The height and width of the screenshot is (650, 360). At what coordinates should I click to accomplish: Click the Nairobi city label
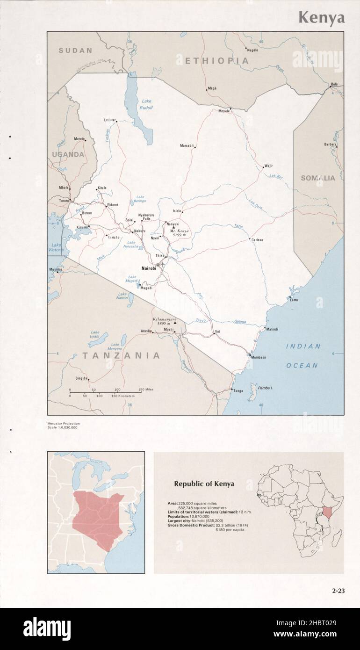click(x=149, y=268)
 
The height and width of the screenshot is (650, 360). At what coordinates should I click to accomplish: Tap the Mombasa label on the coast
click(x=258, y=357)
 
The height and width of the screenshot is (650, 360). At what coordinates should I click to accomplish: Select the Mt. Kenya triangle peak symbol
click(x=173, y=227)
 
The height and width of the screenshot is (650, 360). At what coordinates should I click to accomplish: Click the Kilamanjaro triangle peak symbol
click(x=175, y=323)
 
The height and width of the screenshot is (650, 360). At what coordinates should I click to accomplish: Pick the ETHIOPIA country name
click(x=217, y=61)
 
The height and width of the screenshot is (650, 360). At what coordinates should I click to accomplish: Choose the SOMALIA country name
click(x=318, y=178)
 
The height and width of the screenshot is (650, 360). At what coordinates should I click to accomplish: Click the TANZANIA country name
click(x=121, y=355)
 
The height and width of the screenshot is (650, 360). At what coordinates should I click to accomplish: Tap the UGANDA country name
click(x=68, y=154)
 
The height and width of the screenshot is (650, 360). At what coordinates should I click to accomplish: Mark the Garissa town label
click(x=257, y=240)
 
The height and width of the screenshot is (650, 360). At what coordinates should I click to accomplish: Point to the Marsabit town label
click(x=187, y=146)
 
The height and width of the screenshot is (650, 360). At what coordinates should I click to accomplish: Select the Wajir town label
click(x=268, y=166)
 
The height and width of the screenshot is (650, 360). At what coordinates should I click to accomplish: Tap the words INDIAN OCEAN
click(x=303, y=356)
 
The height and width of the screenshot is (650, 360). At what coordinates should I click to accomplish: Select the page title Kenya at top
click(x=322, y=18)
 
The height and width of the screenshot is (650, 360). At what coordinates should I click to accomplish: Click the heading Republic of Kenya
click(x=204, y=484)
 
